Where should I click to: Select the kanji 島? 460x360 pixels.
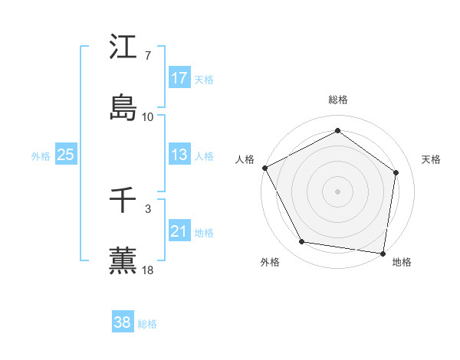click(x=123, y=106)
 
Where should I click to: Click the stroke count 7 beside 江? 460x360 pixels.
click(x=148, y=57)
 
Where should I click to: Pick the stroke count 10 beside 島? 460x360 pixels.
click(x=148, y=117)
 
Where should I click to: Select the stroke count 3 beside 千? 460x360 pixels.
click(x=148, y=208)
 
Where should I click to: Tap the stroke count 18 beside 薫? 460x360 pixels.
click(x=148, y=270)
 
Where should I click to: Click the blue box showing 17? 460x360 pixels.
click(x=179, y=78)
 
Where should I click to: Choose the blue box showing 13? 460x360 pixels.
click(x=179, y=155)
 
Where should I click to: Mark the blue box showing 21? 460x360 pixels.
click(x=179, y=231)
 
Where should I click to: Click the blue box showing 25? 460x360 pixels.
click(x=66, y=155)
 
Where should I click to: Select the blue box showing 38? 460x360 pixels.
click(x=123, y=323)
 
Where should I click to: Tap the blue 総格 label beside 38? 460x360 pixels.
click(x=147, y=324)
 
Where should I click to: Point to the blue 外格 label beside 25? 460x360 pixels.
click(x=41, y=155)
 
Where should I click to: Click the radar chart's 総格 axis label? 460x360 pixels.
click(x=338, y=100)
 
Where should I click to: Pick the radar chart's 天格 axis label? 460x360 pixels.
click(x=431, y=159)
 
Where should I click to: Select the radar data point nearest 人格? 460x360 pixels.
click(x=264, y=168)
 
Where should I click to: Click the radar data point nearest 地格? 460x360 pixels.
click(x=383, y=253)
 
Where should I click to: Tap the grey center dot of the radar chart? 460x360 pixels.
click(x=338, y=191)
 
